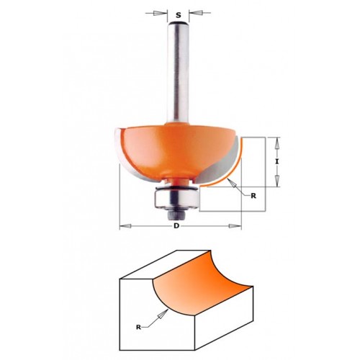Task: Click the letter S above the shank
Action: point(178,15)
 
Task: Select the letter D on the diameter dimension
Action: point(176,226)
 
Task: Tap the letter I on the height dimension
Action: point(277,162)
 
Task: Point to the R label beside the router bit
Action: point(253,196)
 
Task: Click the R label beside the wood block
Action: point(138,327)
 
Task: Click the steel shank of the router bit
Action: point(178,72)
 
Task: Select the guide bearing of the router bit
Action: point(176,197)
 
